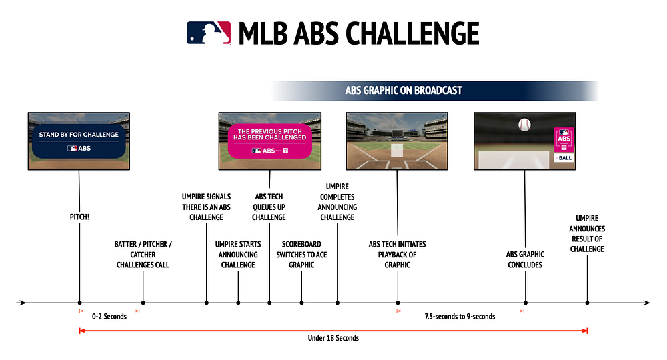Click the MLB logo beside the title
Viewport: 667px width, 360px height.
coord(209,33)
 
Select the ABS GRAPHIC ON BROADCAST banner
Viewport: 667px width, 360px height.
coord(404,90)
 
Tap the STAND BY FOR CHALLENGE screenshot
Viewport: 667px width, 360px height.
coord(79,141)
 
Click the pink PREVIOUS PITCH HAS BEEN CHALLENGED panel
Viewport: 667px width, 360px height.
coord(270,141)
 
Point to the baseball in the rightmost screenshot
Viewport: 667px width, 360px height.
coord(524,125)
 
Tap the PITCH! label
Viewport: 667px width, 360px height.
coord(79,217)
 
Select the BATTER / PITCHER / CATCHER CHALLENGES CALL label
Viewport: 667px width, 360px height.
coord(143,255)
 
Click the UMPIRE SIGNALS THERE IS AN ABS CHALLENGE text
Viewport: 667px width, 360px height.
coord(206,207)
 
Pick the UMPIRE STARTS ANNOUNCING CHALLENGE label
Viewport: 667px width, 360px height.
coord(238,255)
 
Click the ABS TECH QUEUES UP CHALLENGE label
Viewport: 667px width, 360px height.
coord(269,207)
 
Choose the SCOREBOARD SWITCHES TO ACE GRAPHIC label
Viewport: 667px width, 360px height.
coord(301,255)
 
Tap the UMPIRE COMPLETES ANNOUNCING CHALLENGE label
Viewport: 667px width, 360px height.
coord(337,201)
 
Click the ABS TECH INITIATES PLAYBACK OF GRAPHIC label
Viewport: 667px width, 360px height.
coord(398,255)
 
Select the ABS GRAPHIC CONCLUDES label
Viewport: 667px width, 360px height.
coord(525,259)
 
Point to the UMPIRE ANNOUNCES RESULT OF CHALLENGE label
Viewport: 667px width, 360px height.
coord(587,233)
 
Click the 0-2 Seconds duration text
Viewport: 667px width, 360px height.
coord(110,316)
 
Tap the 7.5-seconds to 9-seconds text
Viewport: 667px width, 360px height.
coord(461,316)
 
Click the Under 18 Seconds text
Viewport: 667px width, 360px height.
coord(333,338)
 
